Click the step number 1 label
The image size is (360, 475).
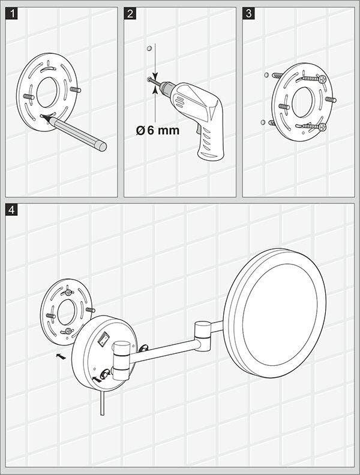[x=11, y=14]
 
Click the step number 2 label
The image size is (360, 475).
[x=130, y=14]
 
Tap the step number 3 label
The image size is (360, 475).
[x=248, y=14]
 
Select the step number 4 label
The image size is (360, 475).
[x=11, y=210]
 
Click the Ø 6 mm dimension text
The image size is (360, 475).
[x=158, y=131]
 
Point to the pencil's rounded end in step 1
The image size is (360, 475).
[x=103, y=146]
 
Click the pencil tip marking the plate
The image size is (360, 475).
[x=46, y=118]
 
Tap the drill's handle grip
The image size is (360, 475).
[x=210, y=142]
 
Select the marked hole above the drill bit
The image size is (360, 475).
[x=149, y=49]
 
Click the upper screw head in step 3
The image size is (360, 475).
[x=322, y=79]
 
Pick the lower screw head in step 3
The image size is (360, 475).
[x=322, y=127]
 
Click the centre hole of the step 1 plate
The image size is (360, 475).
[x=47, y=92]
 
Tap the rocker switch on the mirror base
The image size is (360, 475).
[x=103, y=339]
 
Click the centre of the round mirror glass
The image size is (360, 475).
[x=280, y=313]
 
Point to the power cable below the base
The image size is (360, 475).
[x=103, y=403]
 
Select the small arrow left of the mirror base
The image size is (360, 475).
[x=61, y=356]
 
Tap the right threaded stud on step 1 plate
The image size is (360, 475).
[x=76, y=89]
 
